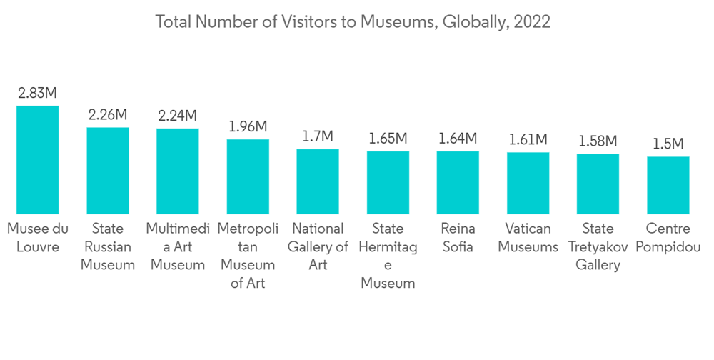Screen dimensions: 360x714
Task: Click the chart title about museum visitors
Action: tap(353, 22)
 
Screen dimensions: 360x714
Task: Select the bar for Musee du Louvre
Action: tap(38, 160)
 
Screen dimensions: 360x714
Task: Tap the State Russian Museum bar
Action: tap(108, 171)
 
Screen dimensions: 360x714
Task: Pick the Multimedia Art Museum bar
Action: tap(178, 171)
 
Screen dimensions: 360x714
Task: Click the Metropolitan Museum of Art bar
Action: tap(248, 176)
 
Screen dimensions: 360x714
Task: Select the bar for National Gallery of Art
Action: tap(318, 181)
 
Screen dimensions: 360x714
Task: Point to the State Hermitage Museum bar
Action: tap(388, 183)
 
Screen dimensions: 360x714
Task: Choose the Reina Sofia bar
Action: tap(458, 183)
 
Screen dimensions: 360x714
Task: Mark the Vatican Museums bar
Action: tap(528, 184)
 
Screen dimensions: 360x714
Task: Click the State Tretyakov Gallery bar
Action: tap(598, 184)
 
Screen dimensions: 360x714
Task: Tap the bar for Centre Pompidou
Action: tap(668, 186)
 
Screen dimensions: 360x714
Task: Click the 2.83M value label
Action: tap(38, 93)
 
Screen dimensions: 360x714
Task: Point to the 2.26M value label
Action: tap(108, 114)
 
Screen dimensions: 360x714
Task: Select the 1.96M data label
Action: tap(248, 126)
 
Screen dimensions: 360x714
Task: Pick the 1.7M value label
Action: tap(318, 136)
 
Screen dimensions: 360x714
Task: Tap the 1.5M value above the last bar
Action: tap(668, 144)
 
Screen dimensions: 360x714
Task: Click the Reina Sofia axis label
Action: tap(458, 238)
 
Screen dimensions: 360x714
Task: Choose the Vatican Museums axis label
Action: tap(528, 238)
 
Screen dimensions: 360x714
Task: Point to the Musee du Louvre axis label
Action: tap(38, 238)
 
